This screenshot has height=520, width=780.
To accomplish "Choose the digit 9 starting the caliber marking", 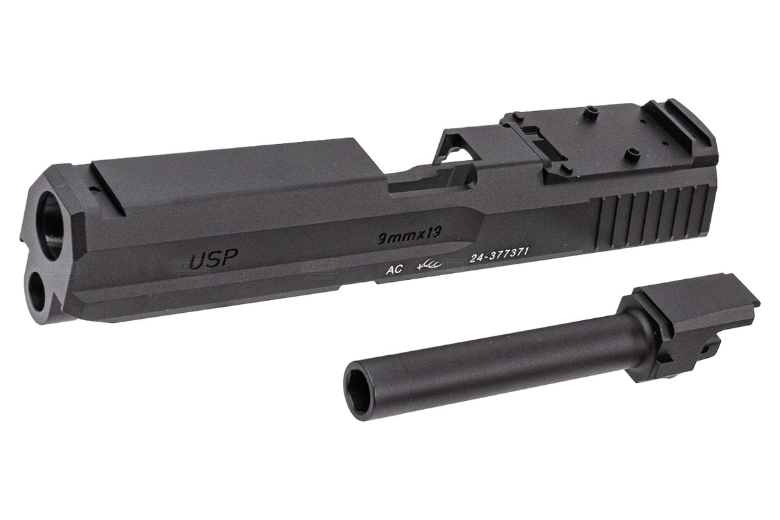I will [381, 239].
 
